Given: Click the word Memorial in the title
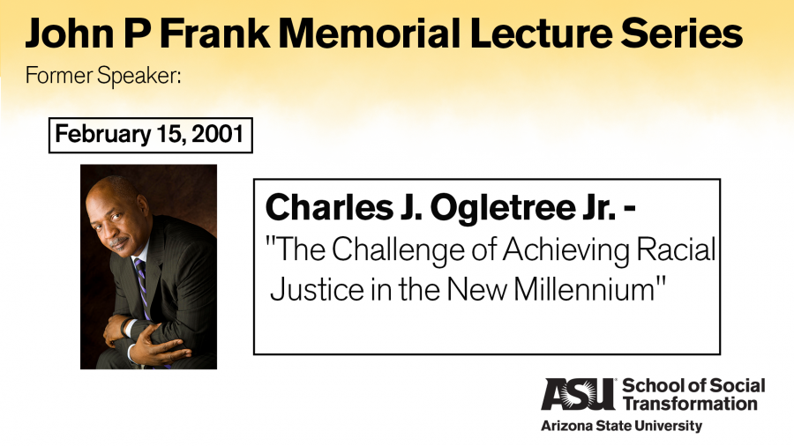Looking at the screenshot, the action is [369, 33].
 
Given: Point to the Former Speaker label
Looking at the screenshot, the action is [103, 76].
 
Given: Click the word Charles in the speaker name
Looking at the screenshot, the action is [329, 208].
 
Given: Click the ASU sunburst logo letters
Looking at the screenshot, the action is [577, 394].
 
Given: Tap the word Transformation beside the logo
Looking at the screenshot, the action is [690, 404].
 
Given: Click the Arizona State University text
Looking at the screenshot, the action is [621, 426].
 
